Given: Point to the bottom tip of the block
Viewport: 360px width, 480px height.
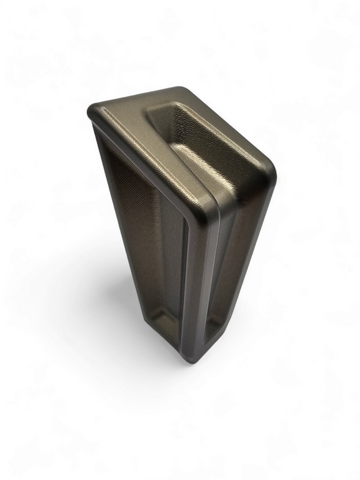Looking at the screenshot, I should click(192, 363).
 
